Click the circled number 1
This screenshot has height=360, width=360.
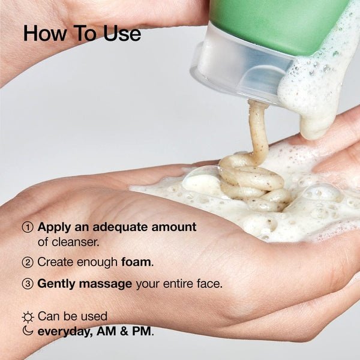(x=28, y=228)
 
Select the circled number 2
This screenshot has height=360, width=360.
(x=28, y=262)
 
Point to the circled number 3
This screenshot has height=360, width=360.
(x=28, y=284)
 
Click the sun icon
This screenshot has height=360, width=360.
(x=28, y=317)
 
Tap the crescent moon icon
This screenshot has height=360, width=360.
(x=28, y=331)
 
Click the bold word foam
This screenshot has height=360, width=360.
(x=137, y=262)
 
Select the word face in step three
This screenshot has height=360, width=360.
(x=208, y=284)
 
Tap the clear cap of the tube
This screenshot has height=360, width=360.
(x=231, y=66)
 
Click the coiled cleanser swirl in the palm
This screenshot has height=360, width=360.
(x=252, y=180)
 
